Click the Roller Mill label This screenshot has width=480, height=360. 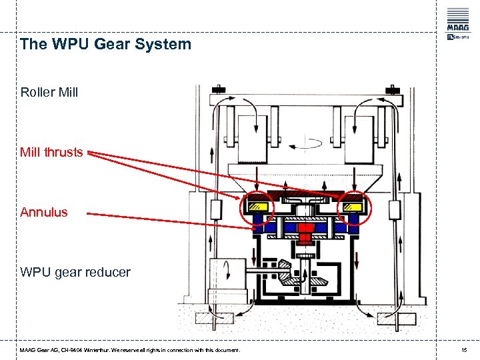coord(49,92)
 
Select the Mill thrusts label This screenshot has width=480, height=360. coord(51,152)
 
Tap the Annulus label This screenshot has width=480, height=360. coord(43,212)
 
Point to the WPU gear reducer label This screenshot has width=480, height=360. coord(75,273)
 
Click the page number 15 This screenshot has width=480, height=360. coord(464,350)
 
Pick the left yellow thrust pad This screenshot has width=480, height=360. coord(259,207)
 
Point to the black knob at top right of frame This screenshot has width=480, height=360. coord(393,88)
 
